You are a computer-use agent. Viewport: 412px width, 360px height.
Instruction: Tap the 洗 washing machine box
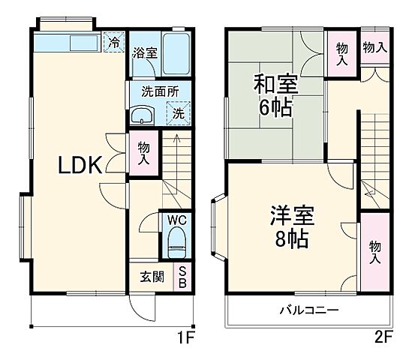(x=179, y=114)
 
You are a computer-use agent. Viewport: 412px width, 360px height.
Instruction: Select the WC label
(x=176, y=220)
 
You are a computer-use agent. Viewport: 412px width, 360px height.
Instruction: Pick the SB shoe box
(x=182, y=276)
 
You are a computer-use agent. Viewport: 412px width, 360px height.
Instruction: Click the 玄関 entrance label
(x=152, y=276)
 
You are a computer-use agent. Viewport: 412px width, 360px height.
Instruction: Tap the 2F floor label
(x=383, y=337)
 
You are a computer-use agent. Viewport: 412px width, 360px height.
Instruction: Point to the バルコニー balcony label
(x=309, y=310)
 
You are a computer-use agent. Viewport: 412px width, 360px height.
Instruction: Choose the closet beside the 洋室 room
(x=373, y=250)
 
